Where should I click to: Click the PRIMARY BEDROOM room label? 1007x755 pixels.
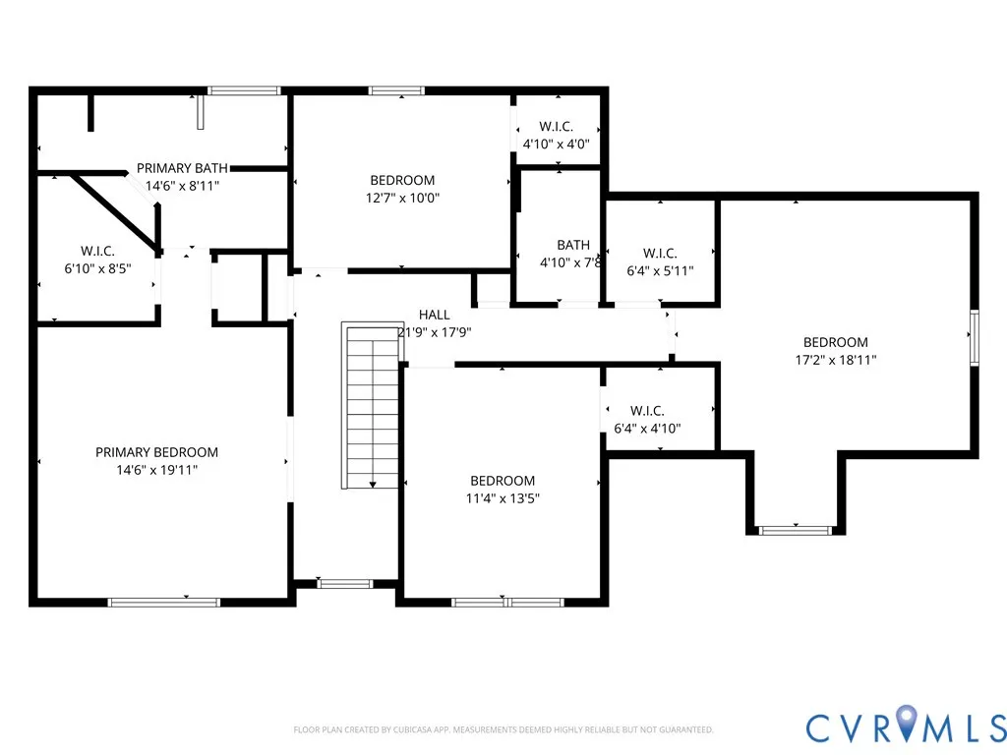pyautogui.click(x=156, y=452)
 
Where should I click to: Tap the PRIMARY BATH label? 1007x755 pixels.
pyautogui.click(x=182, y=168)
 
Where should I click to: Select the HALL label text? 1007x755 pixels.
pyautogui.click(x=434, y=315)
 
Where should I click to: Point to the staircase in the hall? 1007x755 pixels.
pyautogui.click(x=373, y=405)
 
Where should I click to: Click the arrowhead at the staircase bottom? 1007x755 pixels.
pyautogui.click(x=373, y=485)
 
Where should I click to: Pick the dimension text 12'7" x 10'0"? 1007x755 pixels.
pyautogui.click(x=402, y=198)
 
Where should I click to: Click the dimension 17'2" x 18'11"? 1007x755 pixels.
pyautogui.click(x=836, y=360)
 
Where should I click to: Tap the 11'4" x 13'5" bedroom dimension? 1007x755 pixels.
pyautogui.click(x=503, y=498)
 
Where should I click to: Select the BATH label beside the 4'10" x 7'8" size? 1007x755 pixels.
pyautogui.click(x=573, y=245)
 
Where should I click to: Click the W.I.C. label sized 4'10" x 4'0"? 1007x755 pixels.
pyautogui.click(x=557, y=127)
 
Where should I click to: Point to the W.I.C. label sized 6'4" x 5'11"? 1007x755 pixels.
pyautogui.click(x=660, y=253)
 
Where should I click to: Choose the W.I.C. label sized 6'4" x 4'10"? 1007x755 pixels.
pyautogui.click(x=647, y=411)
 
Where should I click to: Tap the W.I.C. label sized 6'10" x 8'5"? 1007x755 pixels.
pyautogui.click(x=97, y=251)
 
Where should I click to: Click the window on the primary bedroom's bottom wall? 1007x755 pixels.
pyautogui.click(x=164, y=603)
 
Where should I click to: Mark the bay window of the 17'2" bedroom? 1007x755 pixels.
pyautogui.click(x=795, y=530)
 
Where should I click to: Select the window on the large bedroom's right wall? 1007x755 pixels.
pyautogui.click(x=975, y=338)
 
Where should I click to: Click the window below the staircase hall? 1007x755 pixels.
pyautogui.click(x=345, y=584)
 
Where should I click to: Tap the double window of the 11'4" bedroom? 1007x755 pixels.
pyautogui.click(x=507, y=603)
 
